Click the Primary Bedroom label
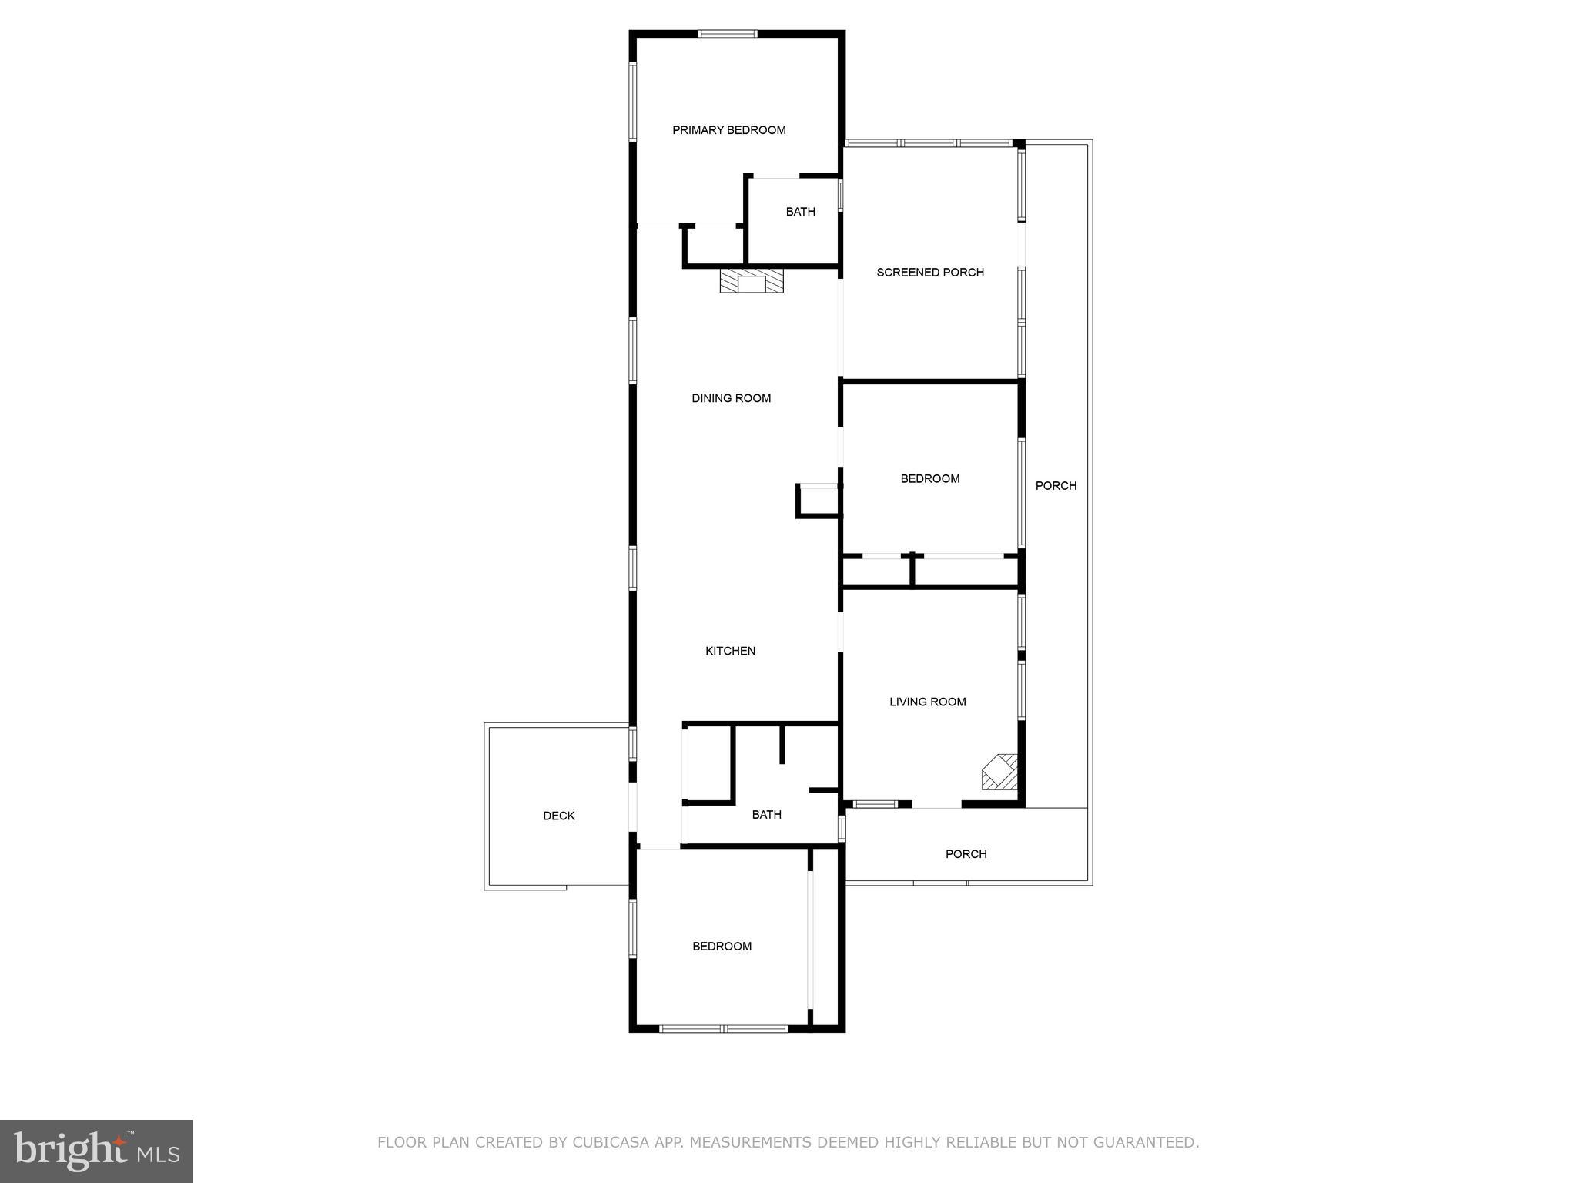click(x=728, y=130)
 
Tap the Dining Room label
click(x=731, y=398)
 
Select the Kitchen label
click(x=730, y=651)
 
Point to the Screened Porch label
click(x=930, y=272)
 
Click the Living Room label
click(x=927, y=702)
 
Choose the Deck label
click(x=558, y=816)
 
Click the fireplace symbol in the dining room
click(x=751, y=281)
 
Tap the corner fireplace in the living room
click(x=999, y=772)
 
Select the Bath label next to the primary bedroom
click(x=800, y=212)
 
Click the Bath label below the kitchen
click(x=766, y=814)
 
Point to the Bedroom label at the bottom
click(x=722, y=947)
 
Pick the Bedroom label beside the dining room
click(x=930, y=478)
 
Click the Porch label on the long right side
click(x=1056, y=485)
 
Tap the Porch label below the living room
click(x=966, y=853)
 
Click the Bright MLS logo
click(x=96, y=1151)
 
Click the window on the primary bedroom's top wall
click(x=728, y=34)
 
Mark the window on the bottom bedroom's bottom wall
click(x=724, y=1028)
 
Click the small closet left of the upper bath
click(x=713, y=245)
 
